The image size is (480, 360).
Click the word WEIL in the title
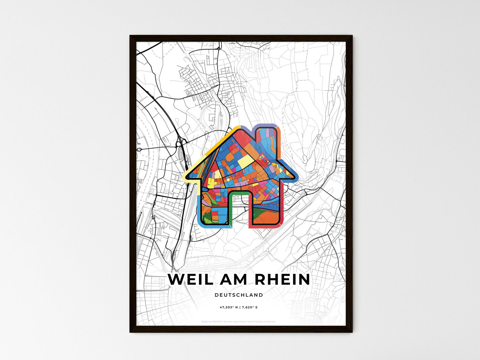[x=190, y=280]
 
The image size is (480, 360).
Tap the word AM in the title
[x=234, y=280]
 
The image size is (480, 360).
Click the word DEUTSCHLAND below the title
[x=239, y=295]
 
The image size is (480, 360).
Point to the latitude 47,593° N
[x=229, y=308]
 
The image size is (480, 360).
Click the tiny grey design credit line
[x=239, y=321]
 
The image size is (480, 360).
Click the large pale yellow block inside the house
[x=245, y=162]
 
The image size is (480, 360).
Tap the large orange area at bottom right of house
[x=266, y=218]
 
